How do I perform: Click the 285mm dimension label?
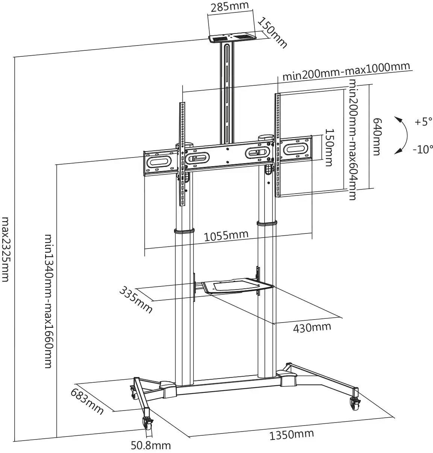230,7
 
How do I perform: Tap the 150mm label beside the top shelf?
272,33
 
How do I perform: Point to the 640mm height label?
376,136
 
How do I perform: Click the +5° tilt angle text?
424,122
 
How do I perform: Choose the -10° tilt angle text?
423,149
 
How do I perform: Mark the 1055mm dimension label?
226,236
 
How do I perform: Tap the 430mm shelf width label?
312,327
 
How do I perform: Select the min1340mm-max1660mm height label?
49,301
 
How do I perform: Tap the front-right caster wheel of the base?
355,405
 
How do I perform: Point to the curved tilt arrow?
401,135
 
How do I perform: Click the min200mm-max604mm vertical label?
353,140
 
